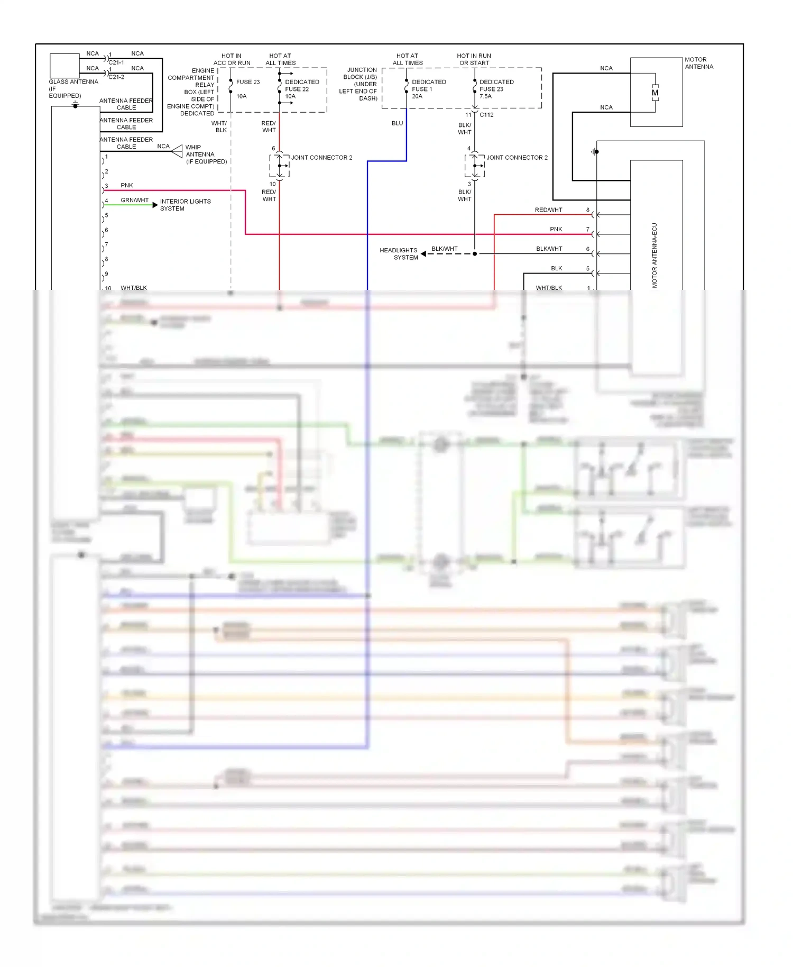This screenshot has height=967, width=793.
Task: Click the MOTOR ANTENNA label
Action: [698, 63]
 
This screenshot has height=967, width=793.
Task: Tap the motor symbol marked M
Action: [655, 93]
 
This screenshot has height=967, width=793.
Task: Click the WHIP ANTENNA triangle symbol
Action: [177, 151]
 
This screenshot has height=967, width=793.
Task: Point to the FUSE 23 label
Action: [247, 82]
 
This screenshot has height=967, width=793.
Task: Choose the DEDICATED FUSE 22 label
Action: [301, 86]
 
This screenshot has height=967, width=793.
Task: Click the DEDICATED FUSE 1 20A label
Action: [428, 89]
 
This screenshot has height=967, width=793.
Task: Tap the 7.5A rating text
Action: [485, 96]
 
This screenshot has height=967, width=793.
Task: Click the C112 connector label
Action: [486, 115]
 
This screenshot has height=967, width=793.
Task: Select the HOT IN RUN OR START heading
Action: [474, 59]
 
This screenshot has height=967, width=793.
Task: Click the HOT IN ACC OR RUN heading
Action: [232, 59]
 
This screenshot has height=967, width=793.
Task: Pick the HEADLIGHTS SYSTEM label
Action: [399, 254]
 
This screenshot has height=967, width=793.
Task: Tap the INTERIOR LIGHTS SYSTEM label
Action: [185, 205]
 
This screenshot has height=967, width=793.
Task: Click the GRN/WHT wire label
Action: [134, 200]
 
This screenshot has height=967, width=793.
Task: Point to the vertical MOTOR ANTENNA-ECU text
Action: [654, 255]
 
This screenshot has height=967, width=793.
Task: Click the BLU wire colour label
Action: [397, 123]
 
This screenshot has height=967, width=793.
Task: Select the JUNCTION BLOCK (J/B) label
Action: [359, 84]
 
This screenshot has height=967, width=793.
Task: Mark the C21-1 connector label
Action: [116, 62]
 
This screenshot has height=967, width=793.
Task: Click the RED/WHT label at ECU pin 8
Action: [548, 210]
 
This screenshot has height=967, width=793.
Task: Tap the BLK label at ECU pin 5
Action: [556, 268]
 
